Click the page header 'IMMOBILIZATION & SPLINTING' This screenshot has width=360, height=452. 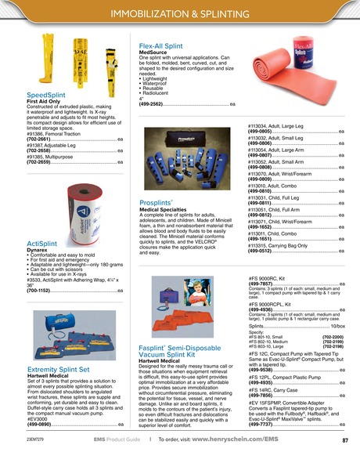click(179, 13)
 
